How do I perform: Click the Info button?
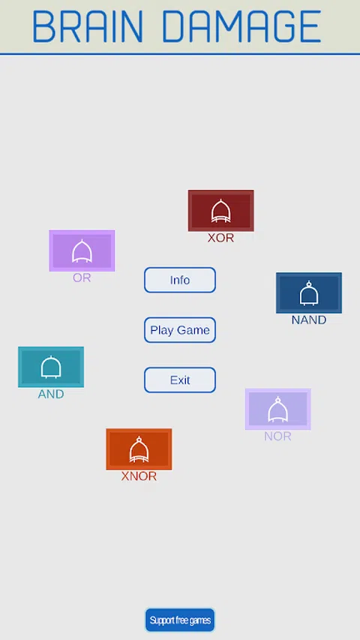click(x=180, y=280)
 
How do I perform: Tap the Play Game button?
click(x=180, y=330)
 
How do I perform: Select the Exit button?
click(x=180, y=380)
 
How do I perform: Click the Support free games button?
click(x=180, y=620)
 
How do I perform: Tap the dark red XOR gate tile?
click(x=220, y=211)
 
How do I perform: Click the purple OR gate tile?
click(x=82, y=251)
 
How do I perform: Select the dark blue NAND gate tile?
click(x=309, y=293)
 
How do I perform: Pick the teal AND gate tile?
click(x=51, y=367)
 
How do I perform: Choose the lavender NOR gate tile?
click(x=278, y=409)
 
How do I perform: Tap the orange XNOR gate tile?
click(x=139, y=449)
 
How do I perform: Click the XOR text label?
click(x=220, y=238)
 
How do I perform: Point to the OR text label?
click(x=82, y=278)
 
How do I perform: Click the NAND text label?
click(x=309, y=320)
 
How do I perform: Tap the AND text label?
click(x=51, y=395)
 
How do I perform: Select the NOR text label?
click(x=277, y=437)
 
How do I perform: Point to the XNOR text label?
click(x=139, y=476)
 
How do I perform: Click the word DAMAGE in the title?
click(x=241, y=26)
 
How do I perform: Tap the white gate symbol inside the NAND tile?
click(x=309, y=293)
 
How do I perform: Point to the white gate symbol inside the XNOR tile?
click(x=139, y=449)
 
